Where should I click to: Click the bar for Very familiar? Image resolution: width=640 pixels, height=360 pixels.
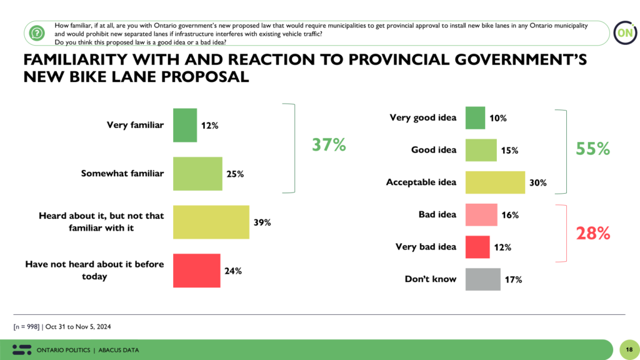[x=185, y=125]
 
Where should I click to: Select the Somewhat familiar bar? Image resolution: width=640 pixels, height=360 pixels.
[x=197, y=173]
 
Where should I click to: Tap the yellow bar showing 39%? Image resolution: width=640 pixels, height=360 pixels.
[x=211, y=222]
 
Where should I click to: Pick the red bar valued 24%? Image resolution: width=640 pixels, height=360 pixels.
[x=196, y=270]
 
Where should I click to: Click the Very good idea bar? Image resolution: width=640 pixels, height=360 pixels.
[x=475, y=117]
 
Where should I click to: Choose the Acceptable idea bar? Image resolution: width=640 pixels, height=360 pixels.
[x=495, y=182]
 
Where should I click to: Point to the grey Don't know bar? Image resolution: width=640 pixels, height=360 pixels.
[x=483, y=279]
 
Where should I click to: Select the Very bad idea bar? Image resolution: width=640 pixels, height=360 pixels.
[x=477, y=247]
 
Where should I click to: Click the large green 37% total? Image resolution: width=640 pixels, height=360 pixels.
[x=329, y=145]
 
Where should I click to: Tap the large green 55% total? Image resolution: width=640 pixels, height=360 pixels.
[x=592, y=149]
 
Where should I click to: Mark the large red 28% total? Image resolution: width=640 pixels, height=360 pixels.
[x=592, y=233]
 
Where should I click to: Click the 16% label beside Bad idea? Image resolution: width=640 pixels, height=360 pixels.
[x=509, y=215]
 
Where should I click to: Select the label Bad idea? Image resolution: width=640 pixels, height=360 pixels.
[x=437, y=214]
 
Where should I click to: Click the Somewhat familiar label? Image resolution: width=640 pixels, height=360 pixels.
[x=122, y=173]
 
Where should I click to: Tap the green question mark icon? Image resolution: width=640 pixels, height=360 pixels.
[x=37, y=32]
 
